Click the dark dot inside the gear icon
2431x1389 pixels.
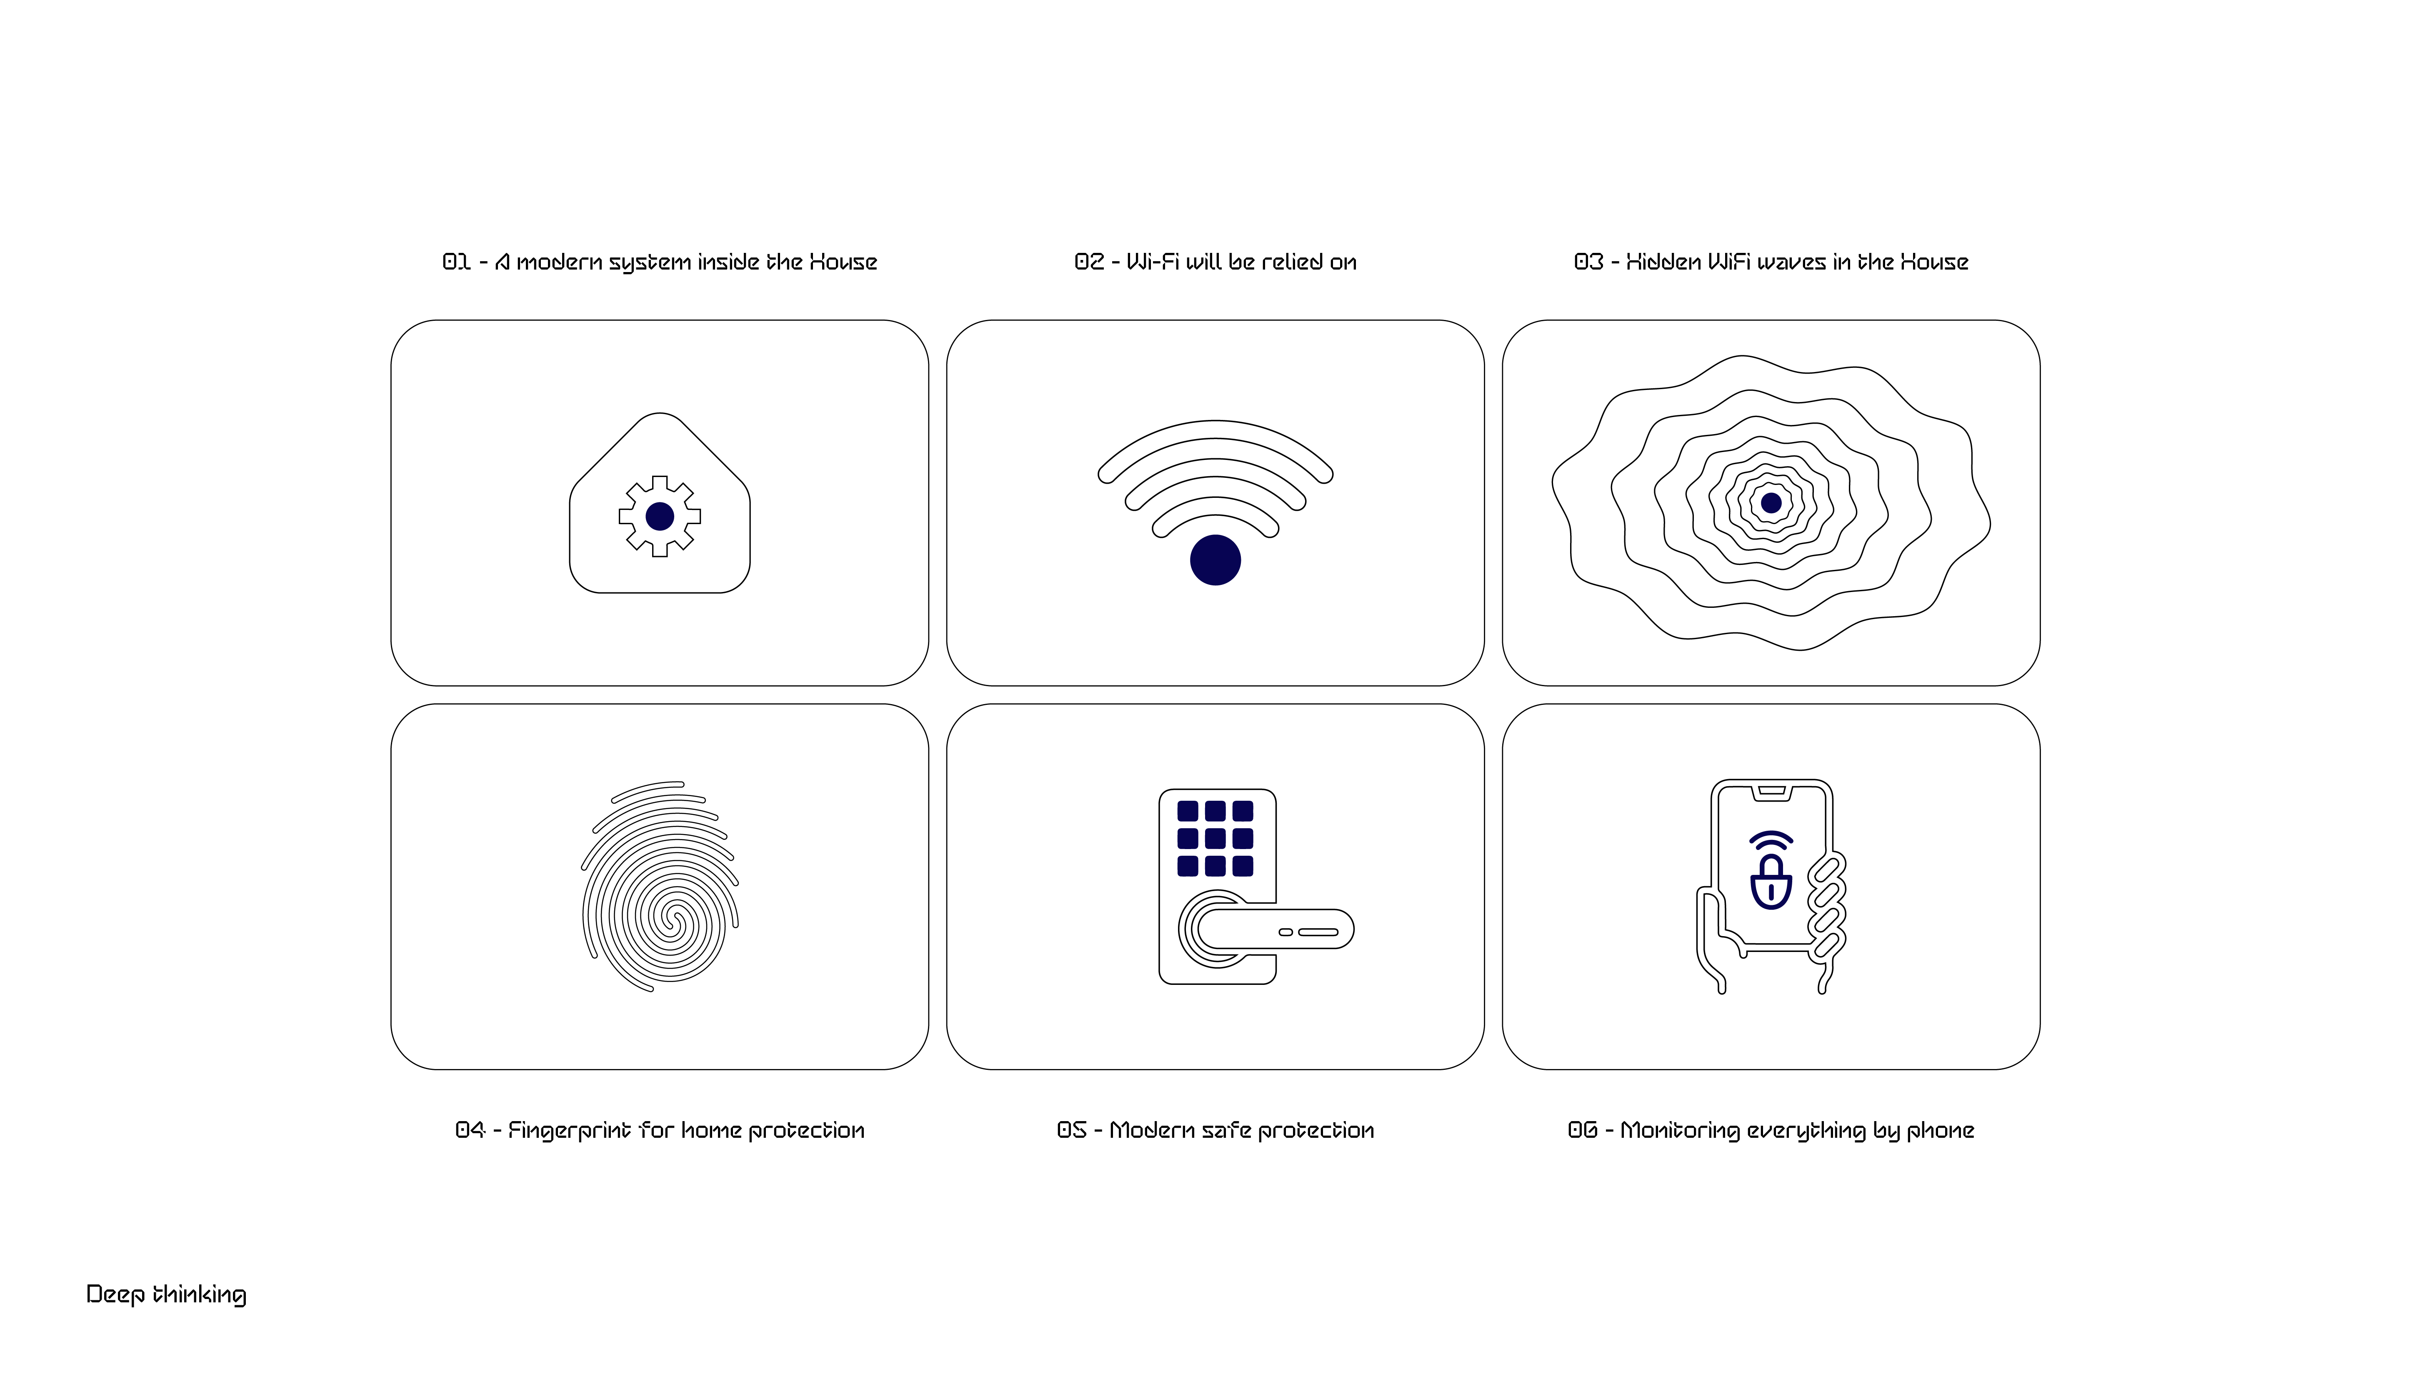[x=659, y=516]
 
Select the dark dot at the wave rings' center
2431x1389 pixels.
[x=1771, y=503]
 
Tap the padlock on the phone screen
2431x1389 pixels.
[x=1771, y=882]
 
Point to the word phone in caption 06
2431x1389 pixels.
[x=1940, y=1130]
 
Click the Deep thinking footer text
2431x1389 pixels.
[x=166, y=1294]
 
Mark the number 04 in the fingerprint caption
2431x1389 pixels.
[x=470, y=1130]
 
